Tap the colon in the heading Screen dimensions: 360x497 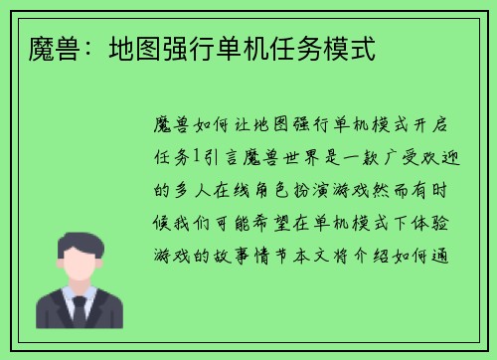87,47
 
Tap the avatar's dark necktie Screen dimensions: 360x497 79,312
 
